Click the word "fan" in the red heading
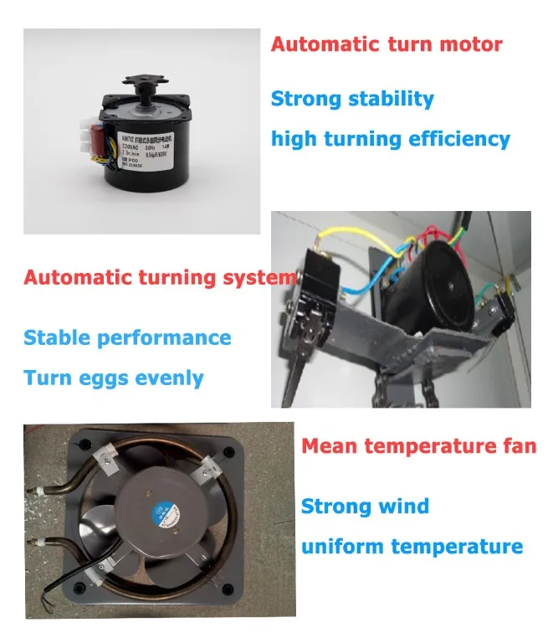pyautogui.click(x=519, y=446)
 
